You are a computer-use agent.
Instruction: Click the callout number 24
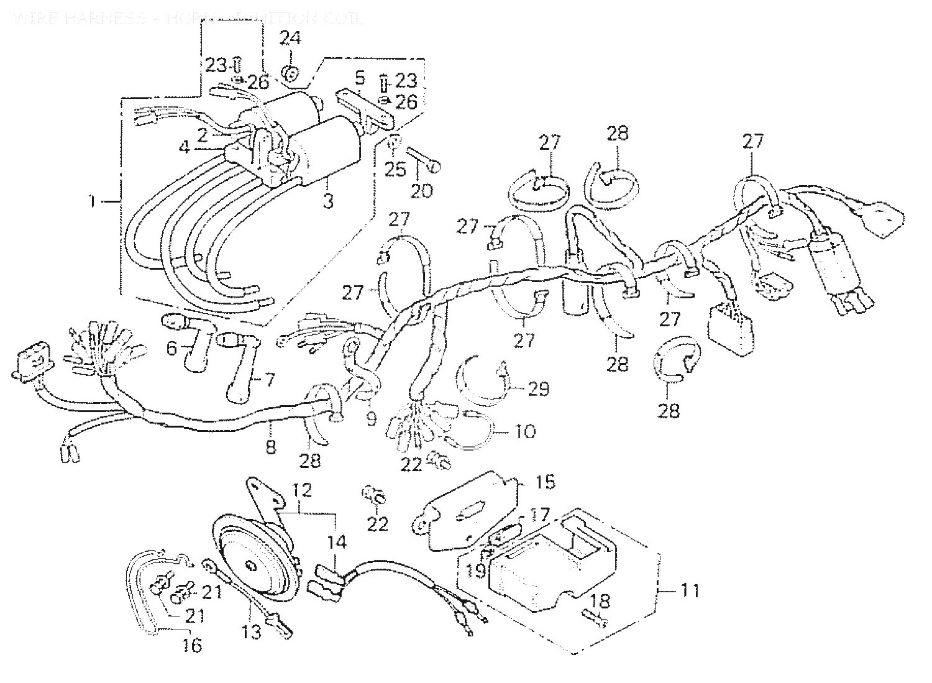(290, 39)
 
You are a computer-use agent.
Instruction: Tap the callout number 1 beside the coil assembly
(93, 201)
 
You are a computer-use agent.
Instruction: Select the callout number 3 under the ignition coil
(327, 201)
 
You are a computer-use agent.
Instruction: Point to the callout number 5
(359, 78)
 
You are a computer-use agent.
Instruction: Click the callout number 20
(423, 191)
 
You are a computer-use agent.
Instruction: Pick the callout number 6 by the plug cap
(172, 349)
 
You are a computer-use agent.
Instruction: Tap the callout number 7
(269, 380)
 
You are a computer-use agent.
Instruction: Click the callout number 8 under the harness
(271, 446)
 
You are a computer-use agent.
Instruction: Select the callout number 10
(525, 431)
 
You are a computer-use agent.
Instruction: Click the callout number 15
(546, 482)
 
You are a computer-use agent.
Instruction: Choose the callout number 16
(193, 645)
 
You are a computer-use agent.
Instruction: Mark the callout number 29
(539, 389)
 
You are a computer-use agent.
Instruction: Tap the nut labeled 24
(288, 75)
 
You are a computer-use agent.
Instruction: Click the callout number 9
(371, 419)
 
